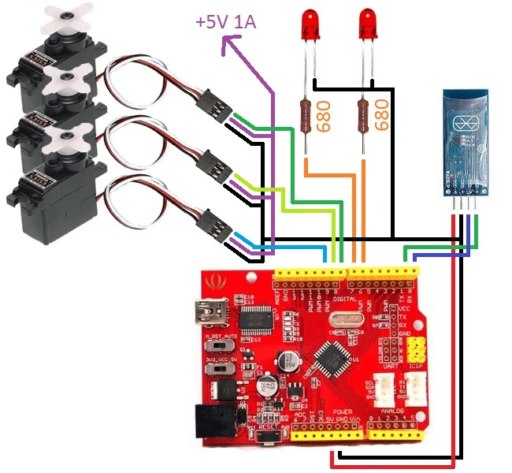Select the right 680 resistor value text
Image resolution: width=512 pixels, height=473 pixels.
pos(383,116)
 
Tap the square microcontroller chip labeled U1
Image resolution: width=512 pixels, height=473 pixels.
pos(329,360)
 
